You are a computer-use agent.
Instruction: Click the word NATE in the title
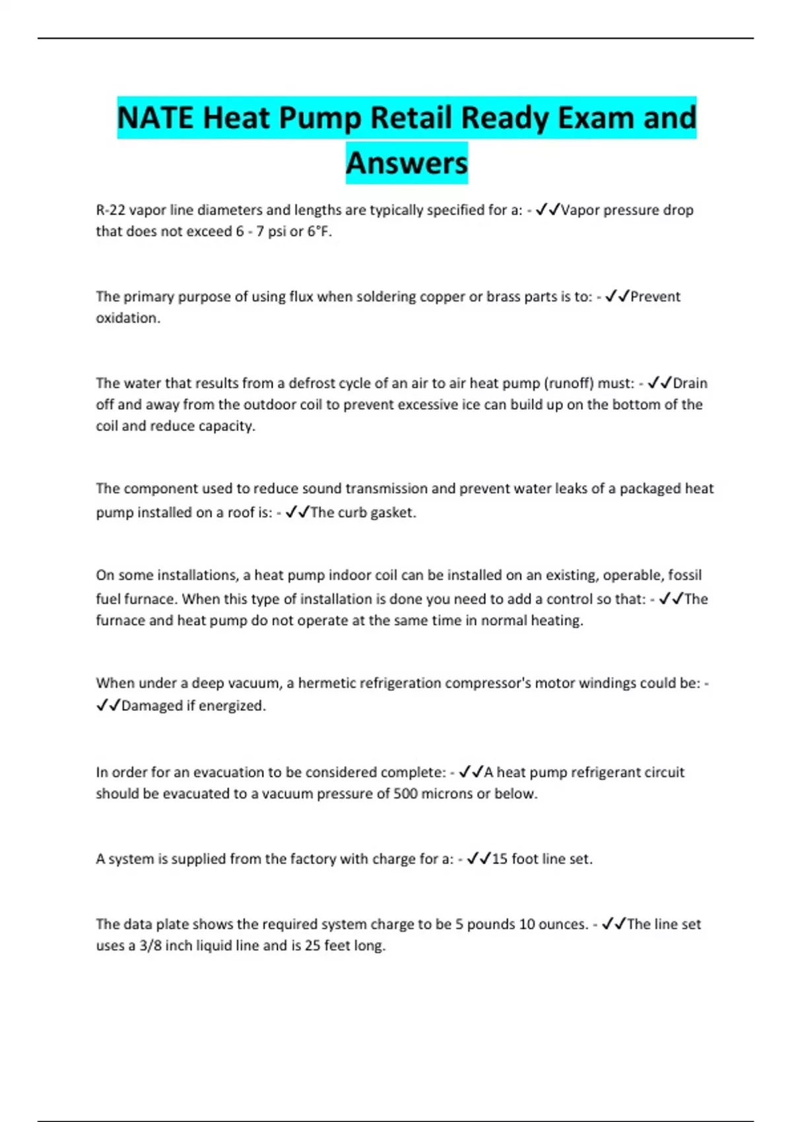tap(156, 119)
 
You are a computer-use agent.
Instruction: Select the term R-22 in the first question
tap(110, 211)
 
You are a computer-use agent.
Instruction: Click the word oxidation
tap(127, 318)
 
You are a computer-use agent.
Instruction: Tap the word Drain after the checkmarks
tap(690, 383)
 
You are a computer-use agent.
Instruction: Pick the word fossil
tap(684, 576)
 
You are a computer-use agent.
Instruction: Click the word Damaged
tap(151, 706)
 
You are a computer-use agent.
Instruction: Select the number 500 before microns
tap(405, 794)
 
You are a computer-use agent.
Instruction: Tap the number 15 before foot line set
tap(500, 859)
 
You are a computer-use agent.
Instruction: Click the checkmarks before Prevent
tap(616, 297)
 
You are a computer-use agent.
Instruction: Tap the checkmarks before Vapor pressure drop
tap(547, 211)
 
